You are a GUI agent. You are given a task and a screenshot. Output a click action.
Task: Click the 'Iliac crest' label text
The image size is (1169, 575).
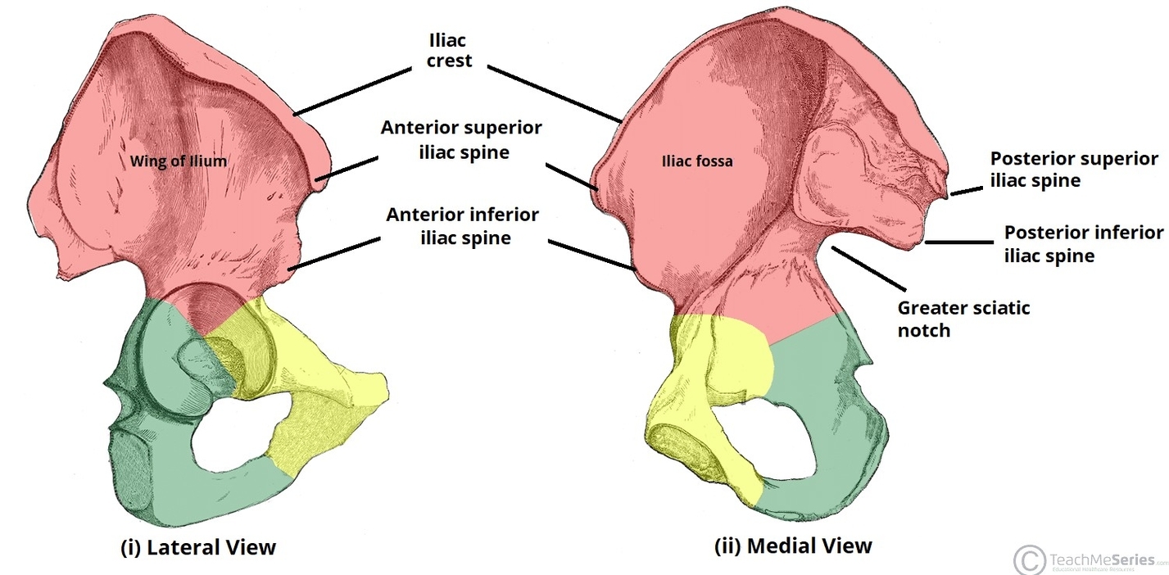pos(449,49)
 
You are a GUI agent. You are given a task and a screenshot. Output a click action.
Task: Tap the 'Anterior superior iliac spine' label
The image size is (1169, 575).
pos(460,140)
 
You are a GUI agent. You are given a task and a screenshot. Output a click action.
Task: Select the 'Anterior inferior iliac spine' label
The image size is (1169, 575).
pos(463,226)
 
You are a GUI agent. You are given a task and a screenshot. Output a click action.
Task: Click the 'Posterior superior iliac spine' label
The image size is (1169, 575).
pos(1074,170)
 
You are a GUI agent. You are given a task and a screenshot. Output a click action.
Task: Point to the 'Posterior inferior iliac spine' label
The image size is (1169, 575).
pos(1083,244)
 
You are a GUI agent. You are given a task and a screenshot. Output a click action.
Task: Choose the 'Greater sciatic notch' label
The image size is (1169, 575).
pos(963,319)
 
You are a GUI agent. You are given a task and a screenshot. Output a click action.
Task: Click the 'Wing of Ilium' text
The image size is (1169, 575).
pos(178,162)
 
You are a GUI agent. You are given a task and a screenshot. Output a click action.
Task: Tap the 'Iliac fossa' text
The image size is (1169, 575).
pos(696,162)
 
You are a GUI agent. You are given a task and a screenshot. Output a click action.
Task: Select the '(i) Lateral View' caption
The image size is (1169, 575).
pos(198,547)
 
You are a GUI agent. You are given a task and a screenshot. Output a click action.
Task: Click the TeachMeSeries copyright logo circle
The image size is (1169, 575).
pos(1029,559)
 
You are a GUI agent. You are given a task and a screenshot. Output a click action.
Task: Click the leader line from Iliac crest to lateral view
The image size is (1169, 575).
pos(352,91)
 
